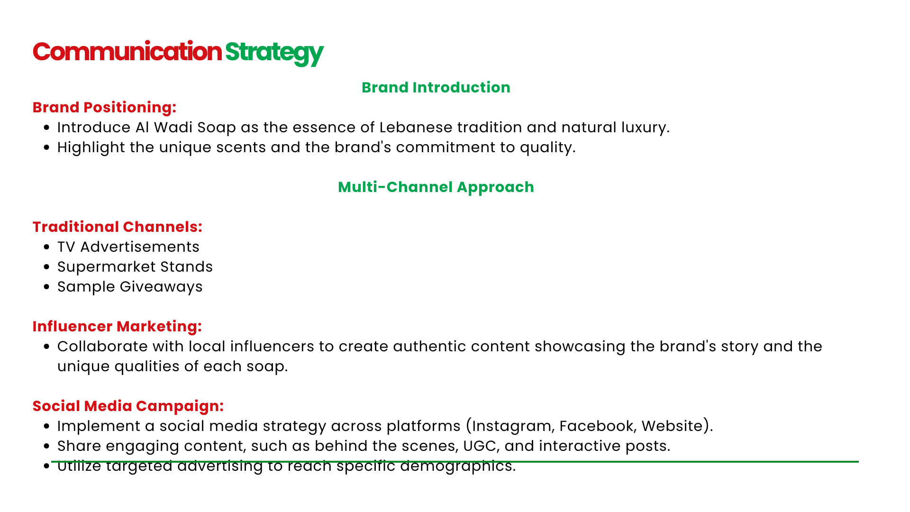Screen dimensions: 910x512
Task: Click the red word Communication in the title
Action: [127, 52]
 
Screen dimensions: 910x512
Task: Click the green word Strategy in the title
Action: [274, 53]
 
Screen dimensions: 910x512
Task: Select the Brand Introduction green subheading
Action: [436, 88]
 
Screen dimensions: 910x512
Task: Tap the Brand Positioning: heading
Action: [104, 108]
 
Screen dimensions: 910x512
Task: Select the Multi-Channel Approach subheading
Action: [436, 188]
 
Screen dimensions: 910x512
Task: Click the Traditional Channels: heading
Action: [118, 227]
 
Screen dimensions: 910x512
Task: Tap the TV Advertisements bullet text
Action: [128, 247]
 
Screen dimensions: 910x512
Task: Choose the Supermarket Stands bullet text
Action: [135, 267]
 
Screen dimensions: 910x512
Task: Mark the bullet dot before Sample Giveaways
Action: [46, 287]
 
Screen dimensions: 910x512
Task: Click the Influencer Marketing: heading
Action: [117, 327]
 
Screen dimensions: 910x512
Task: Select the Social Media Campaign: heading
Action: [128, 406]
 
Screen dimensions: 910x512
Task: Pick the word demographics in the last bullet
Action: [458, 466]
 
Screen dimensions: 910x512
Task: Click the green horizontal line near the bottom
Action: [455, 461]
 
